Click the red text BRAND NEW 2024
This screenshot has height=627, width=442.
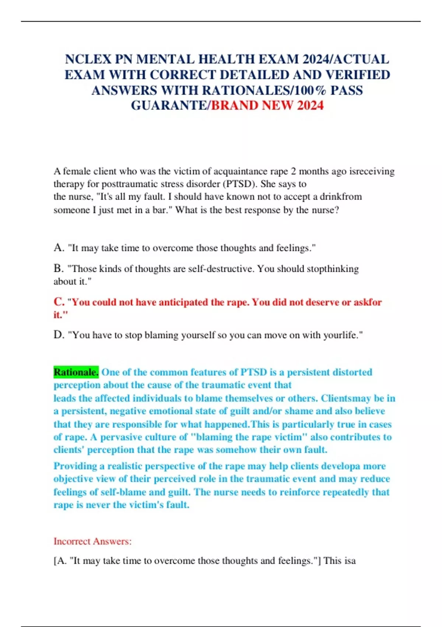267,106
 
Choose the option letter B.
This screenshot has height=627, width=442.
58,269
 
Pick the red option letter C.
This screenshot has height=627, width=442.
59,302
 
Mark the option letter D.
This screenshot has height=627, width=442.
58,335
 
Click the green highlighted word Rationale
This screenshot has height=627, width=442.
76,372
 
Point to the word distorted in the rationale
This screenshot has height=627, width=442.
350,372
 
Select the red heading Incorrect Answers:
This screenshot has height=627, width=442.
92,541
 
